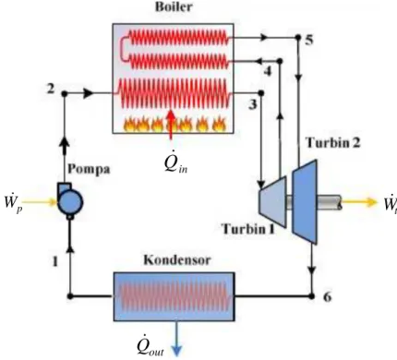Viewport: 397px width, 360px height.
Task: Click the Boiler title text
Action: [174, 6]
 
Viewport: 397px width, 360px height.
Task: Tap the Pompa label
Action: [89, 169]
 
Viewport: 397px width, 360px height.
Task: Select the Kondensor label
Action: [177, 260]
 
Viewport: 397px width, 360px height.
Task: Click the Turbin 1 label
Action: [248, 229]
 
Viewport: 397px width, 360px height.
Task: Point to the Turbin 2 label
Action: [332, 142]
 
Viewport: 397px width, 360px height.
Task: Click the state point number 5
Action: [309, 40]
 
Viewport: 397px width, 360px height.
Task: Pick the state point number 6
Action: [327, 297]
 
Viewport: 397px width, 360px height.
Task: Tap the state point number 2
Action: [51, 89]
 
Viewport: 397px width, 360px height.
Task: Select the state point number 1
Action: [54, 261]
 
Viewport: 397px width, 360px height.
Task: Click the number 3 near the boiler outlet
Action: [252, 105]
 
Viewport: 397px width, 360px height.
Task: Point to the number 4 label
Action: [268, 71]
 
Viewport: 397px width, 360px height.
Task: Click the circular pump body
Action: [71, 202]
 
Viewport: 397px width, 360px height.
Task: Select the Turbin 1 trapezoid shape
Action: [272, 201]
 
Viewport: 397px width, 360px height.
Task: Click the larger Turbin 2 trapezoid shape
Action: [305, 201]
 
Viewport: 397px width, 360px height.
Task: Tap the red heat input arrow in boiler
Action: [171, 125]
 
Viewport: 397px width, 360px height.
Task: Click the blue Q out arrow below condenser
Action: [177, 339]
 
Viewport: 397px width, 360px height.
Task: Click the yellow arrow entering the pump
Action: [40, 202]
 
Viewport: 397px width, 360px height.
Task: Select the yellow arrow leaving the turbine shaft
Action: [359, 202]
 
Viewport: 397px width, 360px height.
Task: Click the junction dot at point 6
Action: [312, 296]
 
